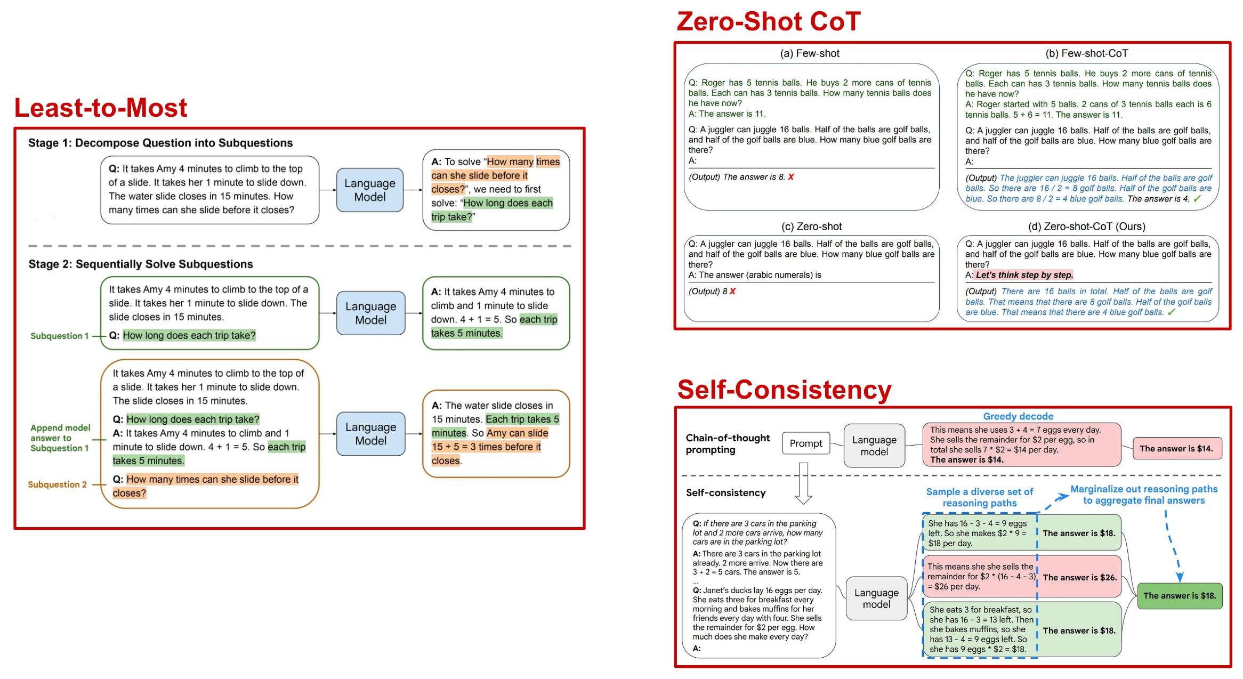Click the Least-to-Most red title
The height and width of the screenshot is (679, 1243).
click(101, 108)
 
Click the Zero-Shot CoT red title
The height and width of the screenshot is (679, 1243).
click(768, 21)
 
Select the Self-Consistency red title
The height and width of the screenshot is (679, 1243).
click(784, 390)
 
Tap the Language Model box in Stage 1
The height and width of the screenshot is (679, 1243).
click(370, 190)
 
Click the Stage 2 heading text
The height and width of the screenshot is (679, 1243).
click(141, 264)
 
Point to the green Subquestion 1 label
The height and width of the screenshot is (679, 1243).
click(59, 336)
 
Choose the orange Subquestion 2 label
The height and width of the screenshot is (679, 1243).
click(57, 484)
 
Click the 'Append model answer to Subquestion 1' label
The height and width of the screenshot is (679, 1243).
click(60, 438)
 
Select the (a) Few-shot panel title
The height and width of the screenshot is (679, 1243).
click(810, 53)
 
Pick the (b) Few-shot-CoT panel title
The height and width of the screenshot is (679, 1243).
click(1087, 53)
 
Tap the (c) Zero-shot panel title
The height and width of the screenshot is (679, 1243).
click(812, 227)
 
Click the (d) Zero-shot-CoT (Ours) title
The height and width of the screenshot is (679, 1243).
click(1087, 227)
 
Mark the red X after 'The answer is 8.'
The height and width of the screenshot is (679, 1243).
click(791, 177)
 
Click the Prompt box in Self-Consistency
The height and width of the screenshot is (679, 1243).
click(806, 443)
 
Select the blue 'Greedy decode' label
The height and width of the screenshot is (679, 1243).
click(1018, 416)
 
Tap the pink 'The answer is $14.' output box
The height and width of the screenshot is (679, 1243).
click(1177, 449)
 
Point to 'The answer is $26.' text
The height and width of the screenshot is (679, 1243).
click(1080, 577)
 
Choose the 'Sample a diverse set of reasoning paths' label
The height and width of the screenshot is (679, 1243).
click(980, 497)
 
